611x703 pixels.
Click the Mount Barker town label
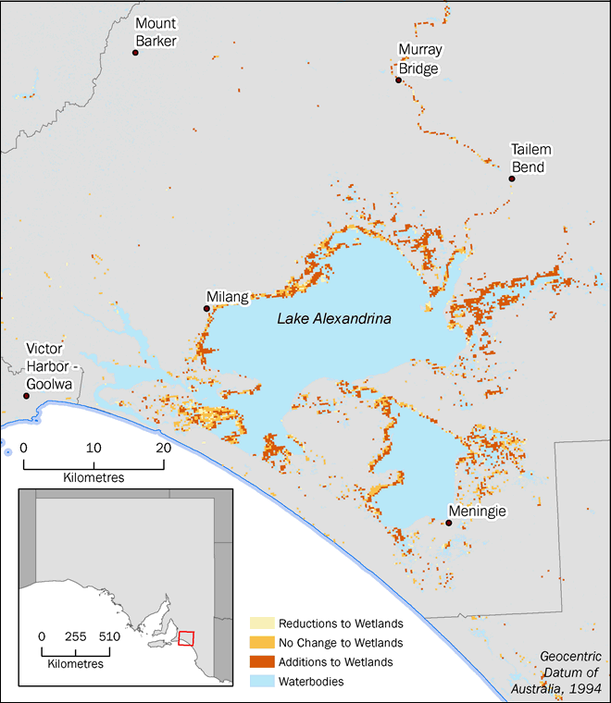[x=156, y=31]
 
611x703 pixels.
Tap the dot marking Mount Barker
[x=135, y=53]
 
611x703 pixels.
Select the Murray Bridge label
[x=418, y=59]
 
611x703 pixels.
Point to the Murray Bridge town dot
[x=399, y=80]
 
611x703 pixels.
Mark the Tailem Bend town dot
[x=511, y=179]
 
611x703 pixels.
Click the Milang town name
[x=228, y=297]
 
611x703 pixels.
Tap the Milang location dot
[x=206, y=308]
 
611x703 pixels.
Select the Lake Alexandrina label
[x=334, y=319]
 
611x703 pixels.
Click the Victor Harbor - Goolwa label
[x=51, y=364]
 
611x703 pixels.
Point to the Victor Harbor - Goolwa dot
[x=27, y=396]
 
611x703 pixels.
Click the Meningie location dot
[x=449, y=523]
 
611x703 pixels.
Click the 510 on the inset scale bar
[x=109, y=637]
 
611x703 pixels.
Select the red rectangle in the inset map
[x=186, y=638]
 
